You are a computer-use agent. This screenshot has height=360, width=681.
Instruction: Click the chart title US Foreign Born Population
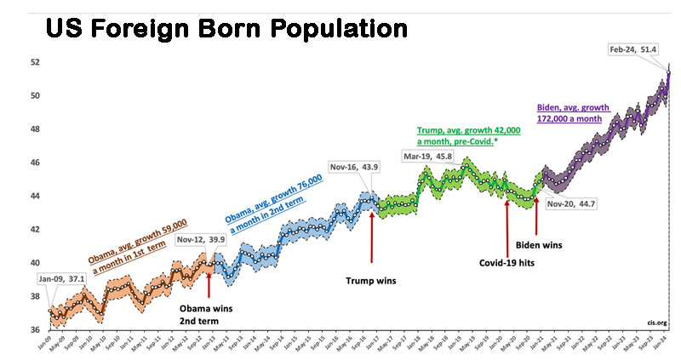pyautogui.click(x=226, y=30)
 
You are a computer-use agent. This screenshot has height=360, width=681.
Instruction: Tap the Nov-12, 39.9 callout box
pyautogui.click(x=200, y=240)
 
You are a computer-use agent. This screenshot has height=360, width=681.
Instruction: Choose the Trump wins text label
pyautogui.click(x=372, y=278)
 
